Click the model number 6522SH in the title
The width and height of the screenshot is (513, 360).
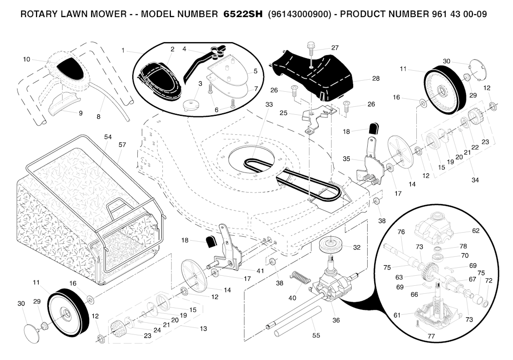tap(242, 15)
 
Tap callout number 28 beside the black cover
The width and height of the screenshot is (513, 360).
tap(376, 79)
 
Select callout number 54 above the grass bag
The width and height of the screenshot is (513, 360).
tap(108, 137)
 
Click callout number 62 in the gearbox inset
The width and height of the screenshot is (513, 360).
tap(475, 231)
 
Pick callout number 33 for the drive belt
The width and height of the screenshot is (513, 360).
tap(269, 104)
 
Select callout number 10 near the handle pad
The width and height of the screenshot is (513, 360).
tap(27, 59)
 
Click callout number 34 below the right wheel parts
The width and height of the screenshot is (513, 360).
tap(474, 179)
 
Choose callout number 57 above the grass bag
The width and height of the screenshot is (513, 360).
tap(122, 144)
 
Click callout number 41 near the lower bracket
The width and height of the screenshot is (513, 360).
tap(260, 271)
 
